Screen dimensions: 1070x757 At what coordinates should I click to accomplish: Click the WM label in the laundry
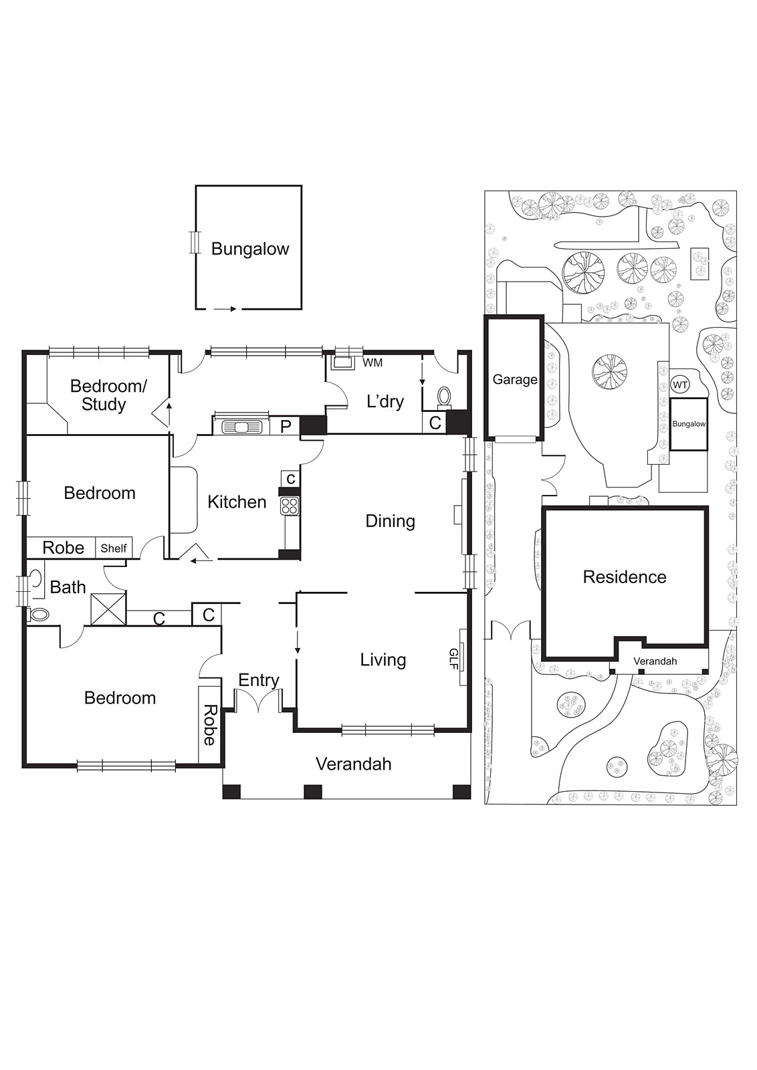tap(372, 362)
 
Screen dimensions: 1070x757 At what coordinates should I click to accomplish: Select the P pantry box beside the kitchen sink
tap(286, 426)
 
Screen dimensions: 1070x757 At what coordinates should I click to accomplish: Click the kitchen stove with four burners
tap(290, 506)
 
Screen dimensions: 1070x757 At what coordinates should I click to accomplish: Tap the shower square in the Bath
tap(108, 608)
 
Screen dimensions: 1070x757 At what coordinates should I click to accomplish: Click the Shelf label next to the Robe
tap(114, 548)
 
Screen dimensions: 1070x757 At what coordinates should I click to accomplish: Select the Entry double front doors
tap(258, 701)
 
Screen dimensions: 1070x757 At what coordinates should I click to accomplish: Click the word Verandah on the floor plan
tap(353, 764)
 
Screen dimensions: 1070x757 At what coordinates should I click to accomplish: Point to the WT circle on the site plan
tap(679, 385)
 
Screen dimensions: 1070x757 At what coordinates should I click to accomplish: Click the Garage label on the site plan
tap(515, 379)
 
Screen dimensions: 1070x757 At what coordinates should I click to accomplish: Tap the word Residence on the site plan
tap(625, 577)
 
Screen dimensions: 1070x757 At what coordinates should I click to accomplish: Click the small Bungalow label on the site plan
tap(689, 424)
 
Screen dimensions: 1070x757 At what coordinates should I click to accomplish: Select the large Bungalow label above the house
tap(250, 249)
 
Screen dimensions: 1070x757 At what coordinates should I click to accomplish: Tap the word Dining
tap(390, 521)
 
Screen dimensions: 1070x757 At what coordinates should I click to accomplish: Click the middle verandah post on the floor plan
tap(313, 792)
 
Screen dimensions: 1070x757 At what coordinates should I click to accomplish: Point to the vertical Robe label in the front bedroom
tap(209, 724)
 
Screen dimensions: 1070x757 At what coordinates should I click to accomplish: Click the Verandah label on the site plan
tap(655, 661)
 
